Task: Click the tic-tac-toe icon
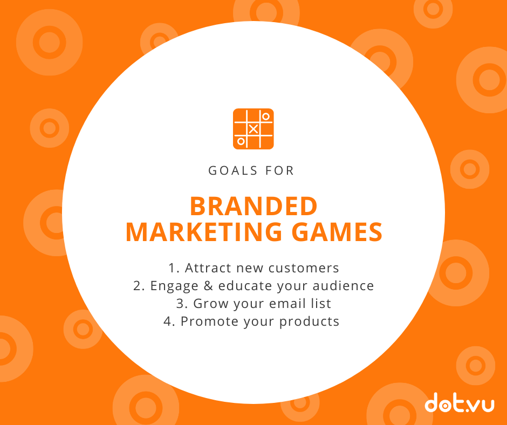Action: coord(253,129)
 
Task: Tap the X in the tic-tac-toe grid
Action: coord(253,129)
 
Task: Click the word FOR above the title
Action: coord(279,170)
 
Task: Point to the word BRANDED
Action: coord(253,207)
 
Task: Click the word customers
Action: coord(304,268)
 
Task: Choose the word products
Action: coord(309,321)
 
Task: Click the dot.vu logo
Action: coord(460,402)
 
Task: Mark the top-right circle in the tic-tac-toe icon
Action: coord(266,116)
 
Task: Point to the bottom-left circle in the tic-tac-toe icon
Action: coord(241,141)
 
